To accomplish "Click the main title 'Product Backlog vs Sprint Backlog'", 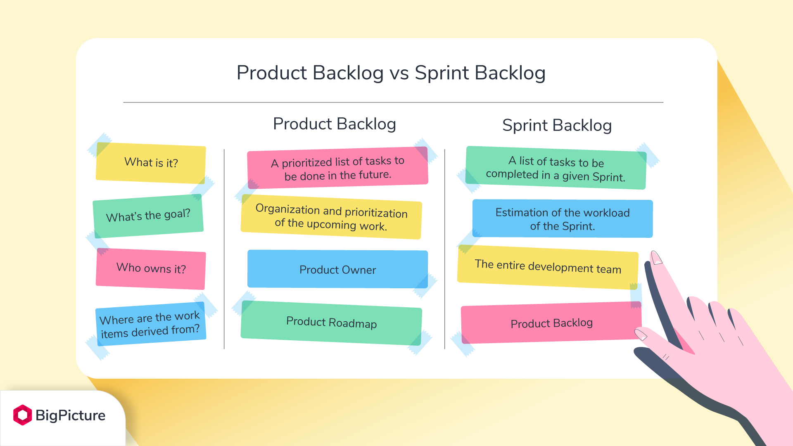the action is [391, 73].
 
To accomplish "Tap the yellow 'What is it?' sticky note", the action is [151, 163].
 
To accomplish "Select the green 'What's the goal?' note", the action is [148, 216].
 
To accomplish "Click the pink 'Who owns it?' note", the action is [151, 268].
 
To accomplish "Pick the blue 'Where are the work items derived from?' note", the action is [150, 324].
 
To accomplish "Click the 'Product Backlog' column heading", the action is [335, 124].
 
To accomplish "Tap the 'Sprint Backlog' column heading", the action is [557, 125].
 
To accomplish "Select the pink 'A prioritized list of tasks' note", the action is [337, 168].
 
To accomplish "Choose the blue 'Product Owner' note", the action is [337, 269].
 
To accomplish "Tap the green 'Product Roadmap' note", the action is [331, 323].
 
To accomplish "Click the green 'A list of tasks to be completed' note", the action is [556, 168].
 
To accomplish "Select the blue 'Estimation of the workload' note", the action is [563, 219].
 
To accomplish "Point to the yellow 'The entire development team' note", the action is [548, 267].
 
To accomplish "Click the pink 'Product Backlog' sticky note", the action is [551, 323].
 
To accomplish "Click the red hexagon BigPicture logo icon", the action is [22, 415].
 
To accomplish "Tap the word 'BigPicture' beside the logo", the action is [70, 415].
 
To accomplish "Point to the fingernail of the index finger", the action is [656, 257].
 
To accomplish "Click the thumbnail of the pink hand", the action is [641, 334].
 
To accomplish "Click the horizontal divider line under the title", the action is [393, 102].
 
